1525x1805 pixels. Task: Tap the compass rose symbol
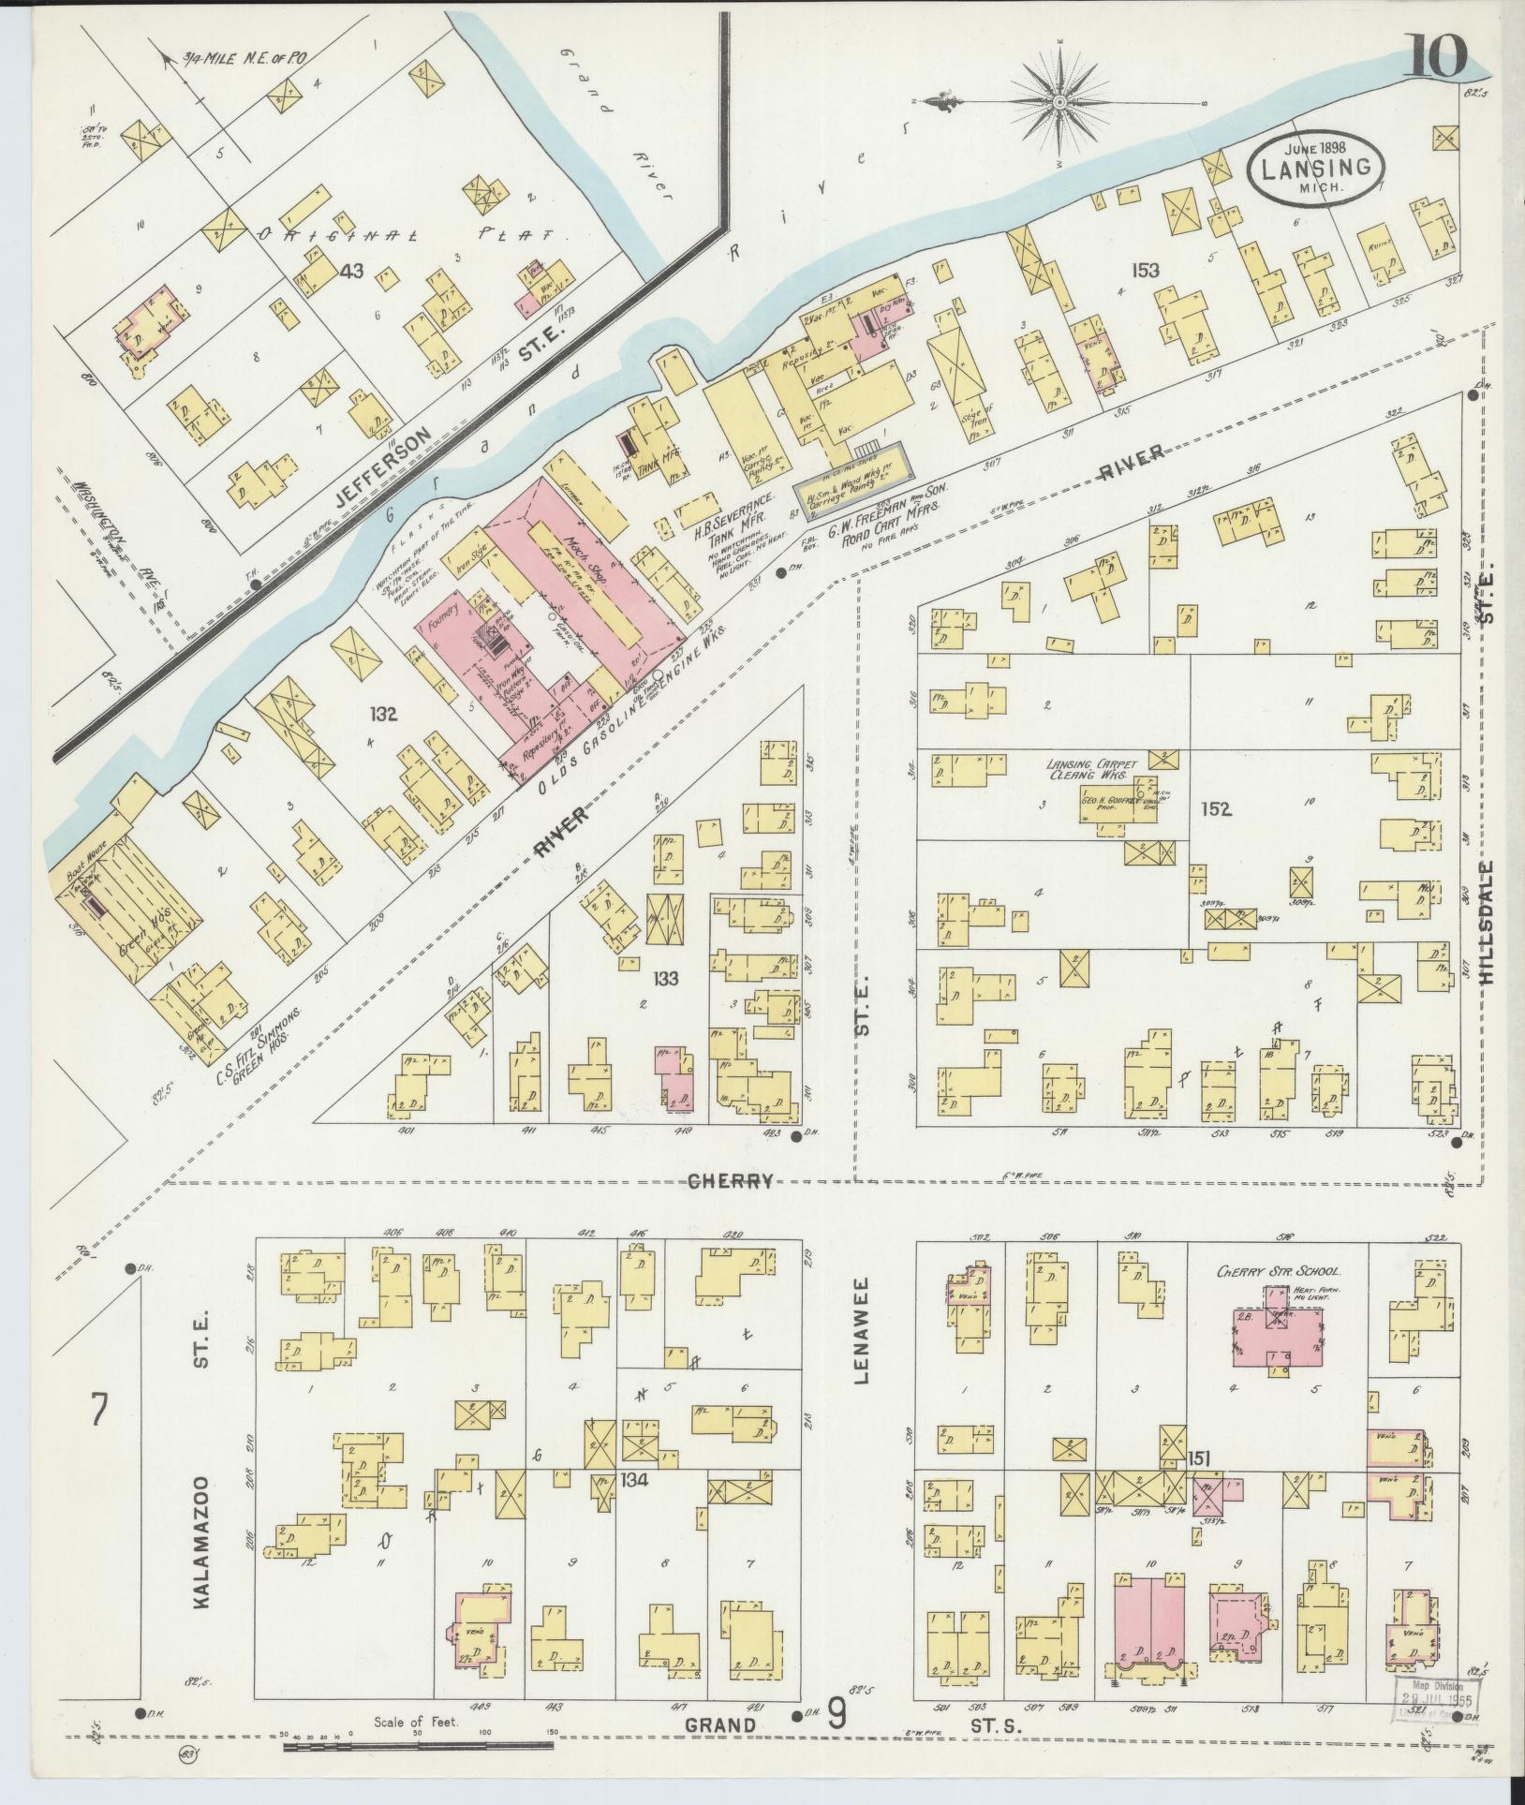(1059, 101)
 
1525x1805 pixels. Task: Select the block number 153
(1144, 271)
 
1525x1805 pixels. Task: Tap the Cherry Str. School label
(1279, 1272)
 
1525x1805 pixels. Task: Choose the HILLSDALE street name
(1486, 920)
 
